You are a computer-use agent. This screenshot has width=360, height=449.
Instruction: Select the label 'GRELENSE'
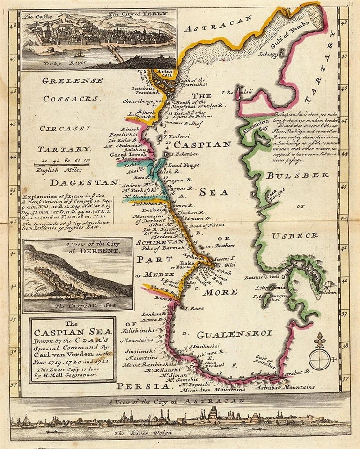coord(72,81)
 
